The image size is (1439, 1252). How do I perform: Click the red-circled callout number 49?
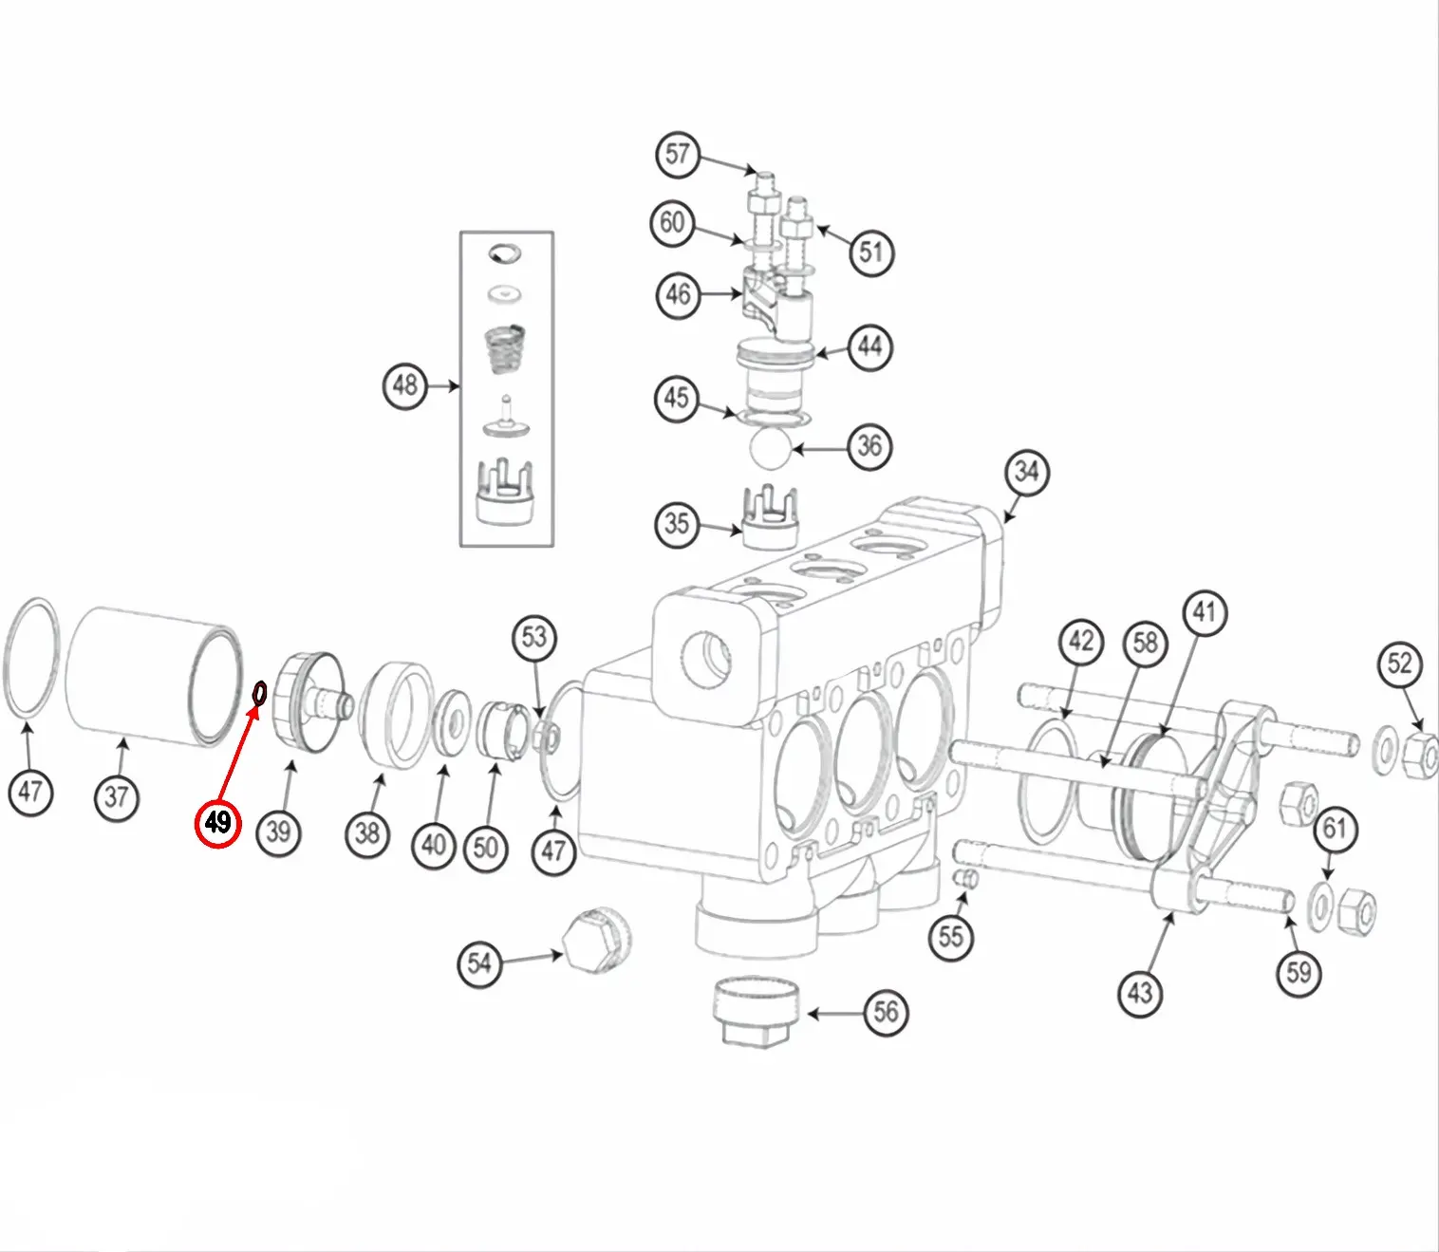tap(217, 822)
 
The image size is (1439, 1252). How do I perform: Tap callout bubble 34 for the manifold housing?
tap(1026, 472)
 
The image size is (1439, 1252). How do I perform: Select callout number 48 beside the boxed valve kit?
tap(405, 385)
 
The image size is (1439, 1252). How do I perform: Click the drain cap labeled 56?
tap(757, 1013)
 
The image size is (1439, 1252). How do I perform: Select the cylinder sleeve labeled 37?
tap(152, 676)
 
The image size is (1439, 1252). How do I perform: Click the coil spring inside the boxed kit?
tap(505, 352)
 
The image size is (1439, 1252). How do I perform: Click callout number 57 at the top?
tap(677, 154)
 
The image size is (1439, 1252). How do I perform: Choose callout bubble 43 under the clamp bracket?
tap(1139, 992)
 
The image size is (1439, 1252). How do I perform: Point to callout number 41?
tap(1204, 612)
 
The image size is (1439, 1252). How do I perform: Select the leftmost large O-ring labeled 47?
tap(33, 658)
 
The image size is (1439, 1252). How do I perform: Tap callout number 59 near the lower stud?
tap(1298, 971)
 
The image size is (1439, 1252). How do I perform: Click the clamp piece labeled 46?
tap(774, 296)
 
